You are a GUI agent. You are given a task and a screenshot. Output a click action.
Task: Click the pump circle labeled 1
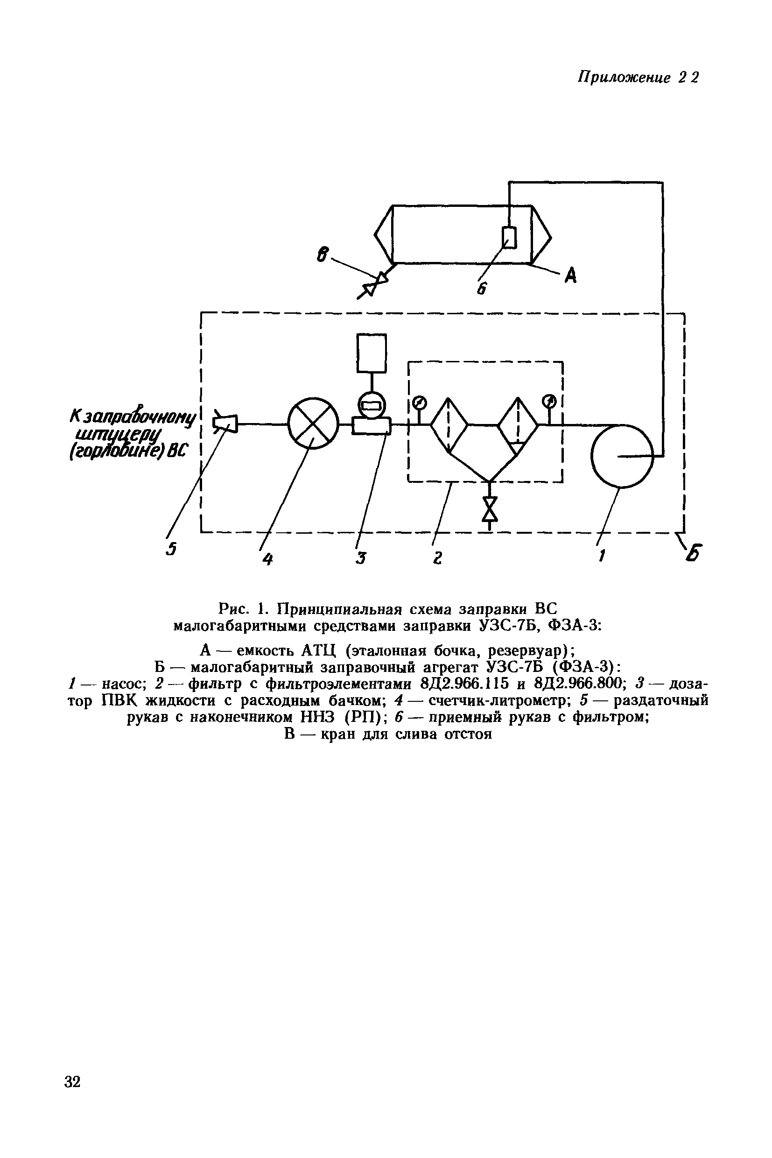coord(622,456)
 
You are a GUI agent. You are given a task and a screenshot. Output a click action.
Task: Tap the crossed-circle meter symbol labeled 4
coord(313,423)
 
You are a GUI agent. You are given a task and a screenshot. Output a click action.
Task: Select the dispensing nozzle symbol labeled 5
coord(225,423)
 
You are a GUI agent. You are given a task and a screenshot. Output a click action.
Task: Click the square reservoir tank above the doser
coord(372,353)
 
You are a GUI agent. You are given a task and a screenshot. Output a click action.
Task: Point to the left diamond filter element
coord(449,424)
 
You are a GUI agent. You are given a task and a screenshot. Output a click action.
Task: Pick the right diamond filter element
coord(518,424)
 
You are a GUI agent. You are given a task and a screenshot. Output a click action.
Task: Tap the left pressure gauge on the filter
coord(419,402)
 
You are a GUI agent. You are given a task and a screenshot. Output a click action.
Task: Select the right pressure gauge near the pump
coord(549,402)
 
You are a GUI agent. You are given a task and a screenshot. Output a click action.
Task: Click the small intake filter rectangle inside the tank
coord(509,237)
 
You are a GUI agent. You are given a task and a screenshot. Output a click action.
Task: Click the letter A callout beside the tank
coord(570,275)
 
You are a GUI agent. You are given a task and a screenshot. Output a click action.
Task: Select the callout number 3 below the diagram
coord(361,558)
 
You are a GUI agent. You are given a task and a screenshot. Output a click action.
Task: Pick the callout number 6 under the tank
coord(481,289)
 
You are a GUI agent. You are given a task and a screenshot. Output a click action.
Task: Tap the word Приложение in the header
coord(625,78)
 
